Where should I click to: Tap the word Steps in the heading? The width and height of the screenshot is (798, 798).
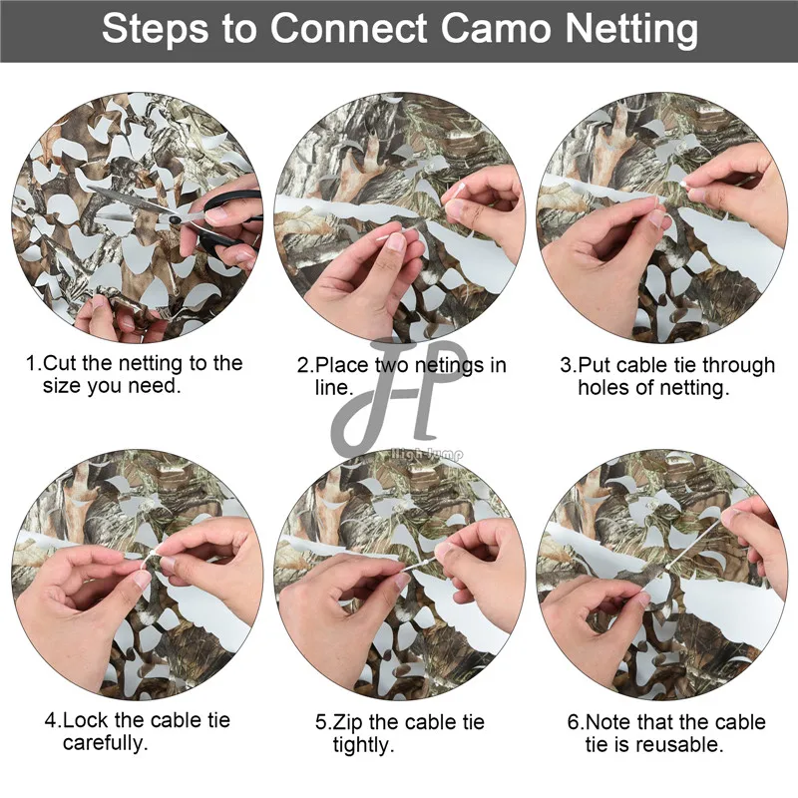155,30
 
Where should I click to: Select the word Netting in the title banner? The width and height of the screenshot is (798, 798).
631,30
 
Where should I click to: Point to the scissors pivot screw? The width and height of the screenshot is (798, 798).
174,219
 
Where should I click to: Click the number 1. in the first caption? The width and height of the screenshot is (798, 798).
34,363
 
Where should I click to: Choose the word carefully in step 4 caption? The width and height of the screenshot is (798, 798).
106,743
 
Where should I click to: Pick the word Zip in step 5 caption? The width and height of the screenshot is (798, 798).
348,722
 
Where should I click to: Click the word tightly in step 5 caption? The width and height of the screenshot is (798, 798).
364,745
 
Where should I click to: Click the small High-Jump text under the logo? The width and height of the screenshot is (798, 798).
427,453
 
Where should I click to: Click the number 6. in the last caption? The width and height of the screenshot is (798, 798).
576,721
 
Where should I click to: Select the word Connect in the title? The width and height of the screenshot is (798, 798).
348,28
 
